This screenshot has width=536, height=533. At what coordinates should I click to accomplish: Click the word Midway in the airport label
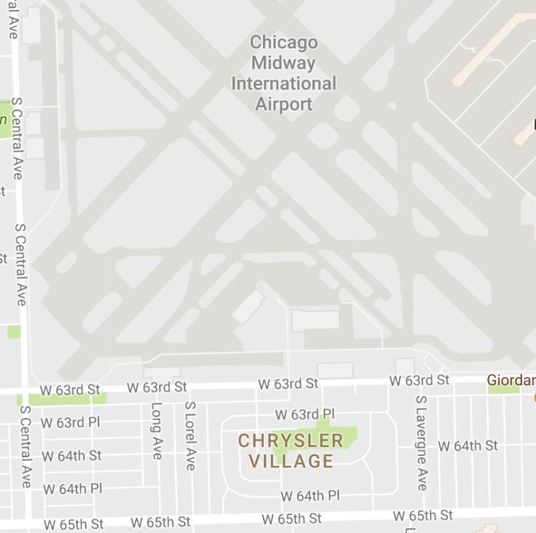tap(284, 63)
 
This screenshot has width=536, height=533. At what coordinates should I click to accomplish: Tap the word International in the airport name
tap(284, 84)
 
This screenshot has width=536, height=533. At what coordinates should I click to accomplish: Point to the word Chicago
tap(284, 42)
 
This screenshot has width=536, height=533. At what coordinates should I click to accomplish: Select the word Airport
tap(284, 104)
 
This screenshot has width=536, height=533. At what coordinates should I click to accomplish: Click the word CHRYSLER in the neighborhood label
tap(290, 441)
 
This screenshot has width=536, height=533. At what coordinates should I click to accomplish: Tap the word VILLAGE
tap(290, 462)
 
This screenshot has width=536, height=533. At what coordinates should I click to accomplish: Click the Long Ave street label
tap(157, 431)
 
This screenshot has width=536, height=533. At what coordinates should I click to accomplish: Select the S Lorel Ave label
tap(190, 435)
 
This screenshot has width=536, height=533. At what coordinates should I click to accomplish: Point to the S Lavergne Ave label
tap(421, 443)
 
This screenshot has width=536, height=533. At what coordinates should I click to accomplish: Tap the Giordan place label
tap(511, 380)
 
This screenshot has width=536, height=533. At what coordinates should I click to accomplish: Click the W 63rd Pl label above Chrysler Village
tap(305, 414)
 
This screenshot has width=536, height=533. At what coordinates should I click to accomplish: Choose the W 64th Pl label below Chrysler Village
tap(309, 496)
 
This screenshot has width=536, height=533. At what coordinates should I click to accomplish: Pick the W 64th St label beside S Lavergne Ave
tap(468, 446)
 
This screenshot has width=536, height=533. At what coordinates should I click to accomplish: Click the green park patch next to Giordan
tap(503, 389)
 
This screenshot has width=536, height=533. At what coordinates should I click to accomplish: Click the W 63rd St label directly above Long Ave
tap(157, 387)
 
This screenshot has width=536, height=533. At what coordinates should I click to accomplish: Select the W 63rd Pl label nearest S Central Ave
tap(71, 422)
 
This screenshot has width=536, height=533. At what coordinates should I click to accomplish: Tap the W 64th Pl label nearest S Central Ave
tap(73, 489)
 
